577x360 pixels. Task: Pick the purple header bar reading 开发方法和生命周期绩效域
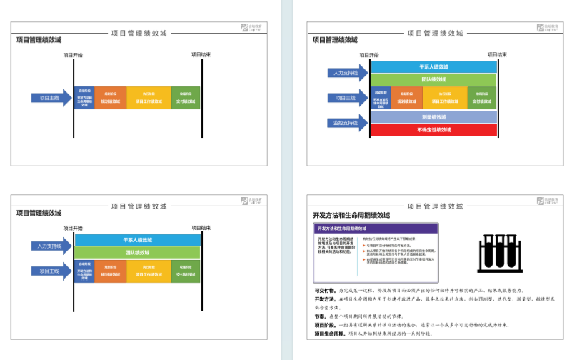[x=374, y=228]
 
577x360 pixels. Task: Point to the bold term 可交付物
[x=325, y=291]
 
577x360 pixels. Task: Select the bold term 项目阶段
[x=325, y=325]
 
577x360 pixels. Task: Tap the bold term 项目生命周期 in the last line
[x=329, y=334]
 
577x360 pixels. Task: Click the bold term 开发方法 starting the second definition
[x=325, y=299]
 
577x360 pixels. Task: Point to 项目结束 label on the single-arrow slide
[x=201, y=54]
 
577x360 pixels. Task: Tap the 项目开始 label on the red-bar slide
[x=368, y=54]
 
